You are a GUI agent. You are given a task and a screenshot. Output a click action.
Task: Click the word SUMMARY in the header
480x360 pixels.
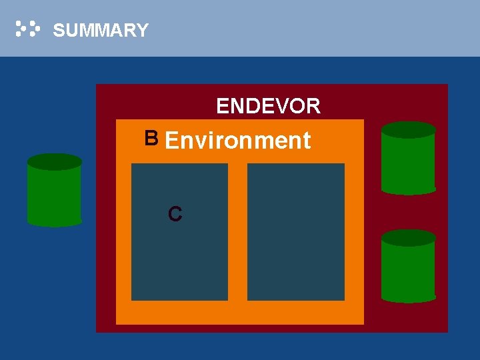click(x=101, y=30)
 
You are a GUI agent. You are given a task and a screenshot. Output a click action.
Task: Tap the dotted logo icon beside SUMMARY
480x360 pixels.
click(x=28, y=29)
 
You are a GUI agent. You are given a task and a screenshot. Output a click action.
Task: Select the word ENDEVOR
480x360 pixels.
click(x=268, y=106)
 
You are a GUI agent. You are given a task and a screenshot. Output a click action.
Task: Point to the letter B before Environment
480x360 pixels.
click(x=151, y=138)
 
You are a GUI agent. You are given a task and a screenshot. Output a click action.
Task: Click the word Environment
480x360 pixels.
click(x=237, y=140)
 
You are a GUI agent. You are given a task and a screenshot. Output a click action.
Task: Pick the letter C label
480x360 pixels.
click(x=175, y=214)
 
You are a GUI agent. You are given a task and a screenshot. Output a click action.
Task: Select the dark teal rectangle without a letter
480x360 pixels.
click(x=296, y=232)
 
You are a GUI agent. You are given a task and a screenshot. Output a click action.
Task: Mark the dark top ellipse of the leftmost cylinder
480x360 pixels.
click(x=55, y=162)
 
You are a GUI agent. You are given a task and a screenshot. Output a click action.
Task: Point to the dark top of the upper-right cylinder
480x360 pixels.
click(x=408, y=130)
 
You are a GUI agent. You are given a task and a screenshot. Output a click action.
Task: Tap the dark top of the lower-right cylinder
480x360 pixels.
click(x=408, y=238)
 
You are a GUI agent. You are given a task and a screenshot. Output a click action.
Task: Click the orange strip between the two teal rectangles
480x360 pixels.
click(x=237, y=232)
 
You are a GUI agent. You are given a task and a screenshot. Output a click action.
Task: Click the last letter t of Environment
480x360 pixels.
click(x=306, y=141)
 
